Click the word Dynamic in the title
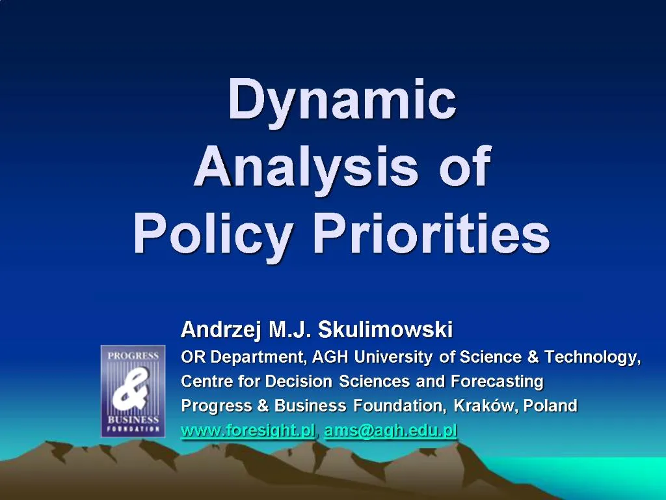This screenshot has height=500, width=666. tap(342, 99)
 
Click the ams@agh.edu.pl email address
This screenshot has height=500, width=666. tap(391, 430)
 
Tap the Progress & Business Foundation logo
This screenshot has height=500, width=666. tap(131, 391)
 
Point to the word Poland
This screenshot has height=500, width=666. tap(550, 406)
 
